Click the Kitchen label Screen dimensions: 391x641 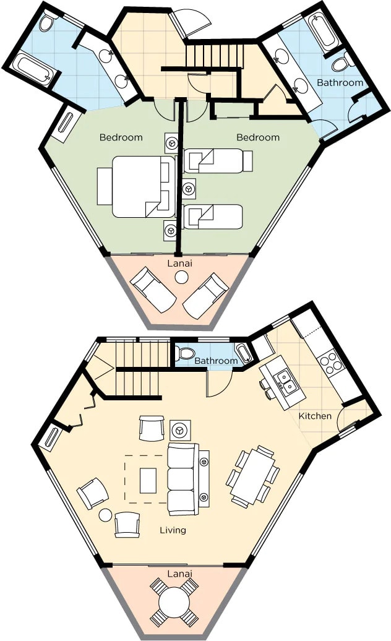coord(315,416)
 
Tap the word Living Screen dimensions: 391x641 coord(173,530)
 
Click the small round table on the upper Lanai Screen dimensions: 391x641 coord(181,278)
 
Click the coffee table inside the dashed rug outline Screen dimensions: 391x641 coord(148,480)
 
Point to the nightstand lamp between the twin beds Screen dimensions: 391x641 coord(188,189)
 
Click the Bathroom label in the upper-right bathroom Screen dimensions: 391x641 coord(340,82)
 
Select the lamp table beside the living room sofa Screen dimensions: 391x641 coord(180,431)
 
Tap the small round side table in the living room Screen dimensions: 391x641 coord(105,515)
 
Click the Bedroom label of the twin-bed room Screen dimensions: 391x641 coord(258,137)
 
